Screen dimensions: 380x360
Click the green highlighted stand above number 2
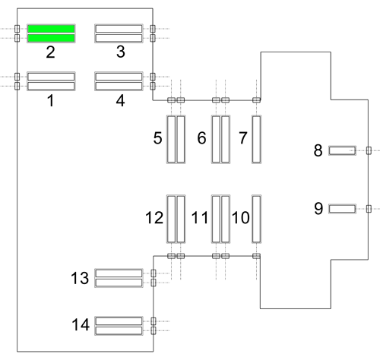point(51,33)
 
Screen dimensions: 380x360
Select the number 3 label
point(121,52)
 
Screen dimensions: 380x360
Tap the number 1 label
point(51,100)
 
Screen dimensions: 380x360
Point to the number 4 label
point(120,100)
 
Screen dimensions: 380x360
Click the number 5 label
point(157,138)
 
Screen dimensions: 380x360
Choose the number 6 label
point(201,138)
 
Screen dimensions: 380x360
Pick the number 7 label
point(243,138)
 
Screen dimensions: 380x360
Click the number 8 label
point(318,150)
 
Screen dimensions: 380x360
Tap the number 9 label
point(318,209)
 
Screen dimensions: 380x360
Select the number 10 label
point(241,218)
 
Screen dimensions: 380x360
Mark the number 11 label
point(200,218)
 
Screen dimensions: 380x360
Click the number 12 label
point(154,218)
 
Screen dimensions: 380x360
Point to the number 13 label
point(80,278)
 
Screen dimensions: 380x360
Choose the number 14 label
point(81,325)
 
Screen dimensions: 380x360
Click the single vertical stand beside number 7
point(256,139)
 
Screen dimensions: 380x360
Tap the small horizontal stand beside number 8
point(342,150)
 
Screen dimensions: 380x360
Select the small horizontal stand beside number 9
point(342,209)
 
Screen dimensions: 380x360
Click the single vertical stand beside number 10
point(256,219)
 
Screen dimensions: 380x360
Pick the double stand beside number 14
point(119,326)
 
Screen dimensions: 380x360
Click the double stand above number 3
point(119,33)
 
